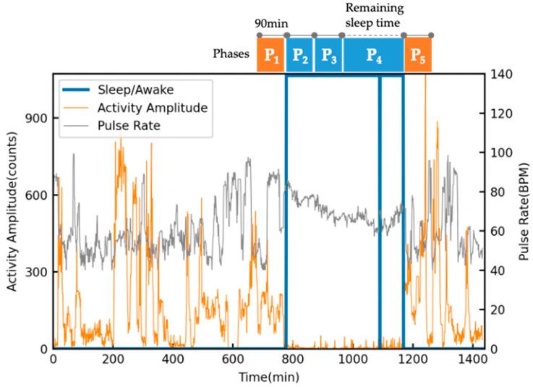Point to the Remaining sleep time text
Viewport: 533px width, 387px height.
click(x=374, y=16)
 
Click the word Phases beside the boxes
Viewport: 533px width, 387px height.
click(x=231, y=54)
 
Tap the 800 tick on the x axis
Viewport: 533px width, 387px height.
click(x=292, y=360)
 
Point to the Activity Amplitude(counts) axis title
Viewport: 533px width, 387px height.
click(x=13, y=210)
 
